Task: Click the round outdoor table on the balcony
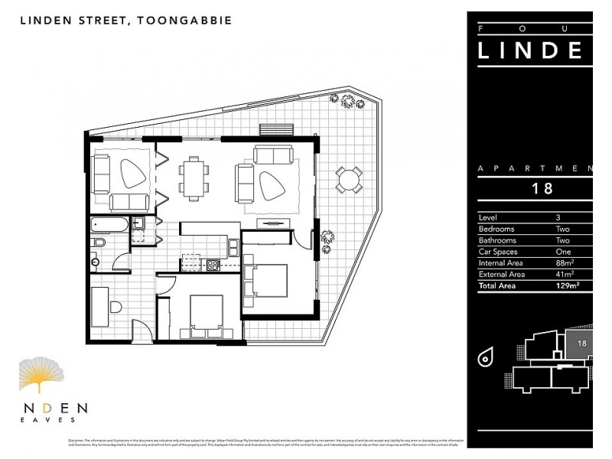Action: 349,181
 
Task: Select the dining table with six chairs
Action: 194,178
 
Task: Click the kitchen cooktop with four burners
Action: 213,265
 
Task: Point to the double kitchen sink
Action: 191,260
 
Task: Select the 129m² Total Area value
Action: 567,285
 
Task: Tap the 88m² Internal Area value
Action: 565,262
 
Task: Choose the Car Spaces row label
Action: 498,252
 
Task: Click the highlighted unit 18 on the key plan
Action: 579,343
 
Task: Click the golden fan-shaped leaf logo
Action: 41,375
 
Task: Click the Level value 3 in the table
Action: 558,217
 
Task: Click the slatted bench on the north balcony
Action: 276,129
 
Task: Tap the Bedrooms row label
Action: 496,229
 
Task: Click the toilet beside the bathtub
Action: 98,243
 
